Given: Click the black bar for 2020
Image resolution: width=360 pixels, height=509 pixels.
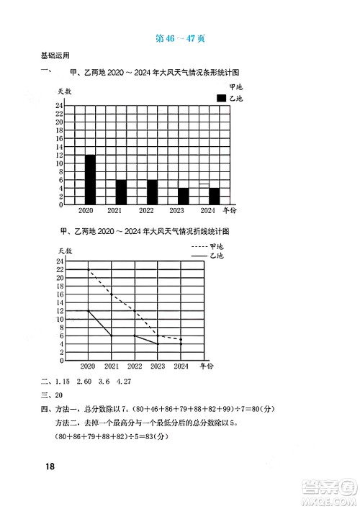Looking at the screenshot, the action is click(x=90, y=180).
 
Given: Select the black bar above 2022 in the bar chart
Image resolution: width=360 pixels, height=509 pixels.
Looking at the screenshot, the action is click(x=152, y=192).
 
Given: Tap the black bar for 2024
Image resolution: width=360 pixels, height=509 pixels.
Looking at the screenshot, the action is click(x=214, y=197).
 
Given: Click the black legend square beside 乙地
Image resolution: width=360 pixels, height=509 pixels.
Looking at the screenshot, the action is click(x=221, y=98).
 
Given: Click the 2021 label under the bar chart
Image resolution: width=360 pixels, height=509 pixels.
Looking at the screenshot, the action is click(x=114, y=211).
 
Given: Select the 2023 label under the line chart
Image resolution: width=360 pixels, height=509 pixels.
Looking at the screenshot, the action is click(x=157, y=366).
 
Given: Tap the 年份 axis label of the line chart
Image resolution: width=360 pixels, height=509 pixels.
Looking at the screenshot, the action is click(x=207, y=366).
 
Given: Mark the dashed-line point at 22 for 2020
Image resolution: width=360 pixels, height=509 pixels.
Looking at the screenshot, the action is click(x=88, y=269).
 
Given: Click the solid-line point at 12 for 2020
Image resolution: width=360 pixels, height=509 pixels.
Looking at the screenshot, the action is click(x=88, y=311).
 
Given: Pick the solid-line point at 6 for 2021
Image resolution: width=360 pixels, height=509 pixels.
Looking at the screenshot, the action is click(x=111, y=335).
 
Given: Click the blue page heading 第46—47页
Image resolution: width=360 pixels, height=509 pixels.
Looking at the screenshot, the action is click(x=180, y=40).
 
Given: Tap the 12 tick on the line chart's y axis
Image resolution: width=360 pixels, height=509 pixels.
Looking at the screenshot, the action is click(x=60, y=311).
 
